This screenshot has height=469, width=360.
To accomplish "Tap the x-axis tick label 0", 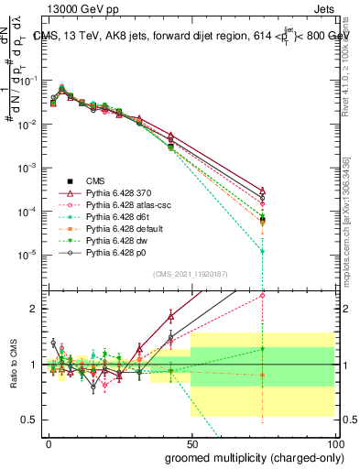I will [49, 442].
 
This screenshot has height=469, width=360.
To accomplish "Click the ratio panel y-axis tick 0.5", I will [34, 420].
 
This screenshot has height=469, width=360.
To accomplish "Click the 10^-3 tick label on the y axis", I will [31, 168].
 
